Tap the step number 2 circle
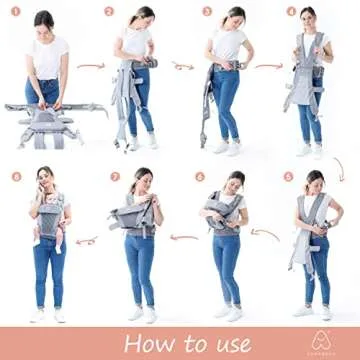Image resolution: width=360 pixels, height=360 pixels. point(109,13)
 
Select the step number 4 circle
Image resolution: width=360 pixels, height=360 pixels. point(291,13)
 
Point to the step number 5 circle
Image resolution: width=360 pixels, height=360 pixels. point(289,176)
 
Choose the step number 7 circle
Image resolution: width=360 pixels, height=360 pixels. point(115,176)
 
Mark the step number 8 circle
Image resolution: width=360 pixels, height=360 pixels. point(16,176)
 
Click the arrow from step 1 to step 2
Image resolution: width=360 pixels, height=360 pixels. point(91,68)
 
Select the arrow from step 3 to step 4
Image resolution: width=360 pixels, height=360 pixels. point(269,68)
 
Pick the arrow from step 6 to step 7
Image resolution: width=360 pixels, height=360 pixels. point(184,238)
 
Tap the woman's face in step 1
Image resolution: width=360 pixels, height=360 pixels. point(43,22)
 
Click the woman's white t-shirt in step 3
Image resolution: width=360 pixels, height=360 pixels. point(228,45)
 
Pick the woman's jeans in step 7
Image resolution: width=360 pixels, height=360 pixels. point(139,265)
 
